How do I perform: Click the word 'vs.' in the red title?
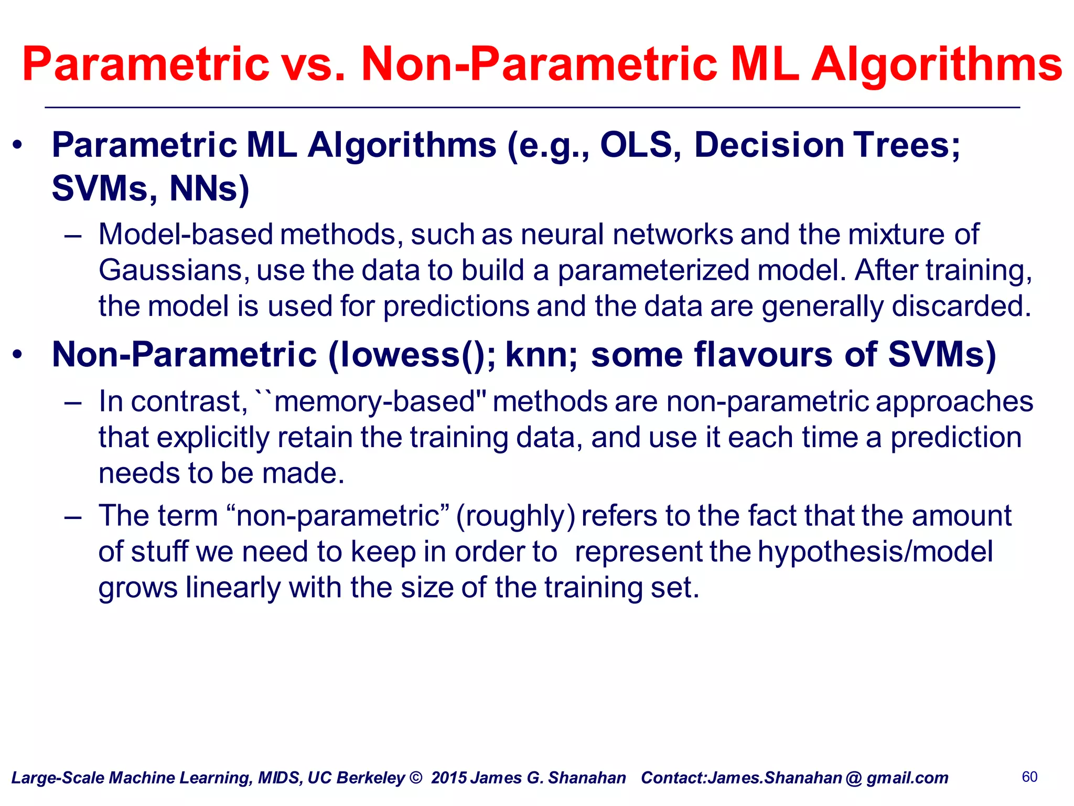pos(313,65)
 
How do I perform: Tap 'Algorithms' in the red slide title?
pos(937,65)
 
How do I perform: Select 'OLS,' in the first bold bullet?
pos(640,145)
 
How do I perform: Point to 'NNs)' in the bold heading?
pos(209,188)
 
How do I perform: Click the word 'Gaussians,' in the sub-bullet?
pos(173,271)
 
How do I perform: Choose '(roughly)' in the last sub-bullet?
pos(515,516)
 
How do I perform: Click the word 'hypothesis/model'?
pos(875,552)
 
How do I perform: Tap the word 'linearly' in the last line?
pos(233,588)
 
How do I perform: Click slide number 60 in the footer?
pos(1029,777)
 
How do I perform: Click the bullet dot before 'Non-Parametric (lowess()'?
pos(17,355)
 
